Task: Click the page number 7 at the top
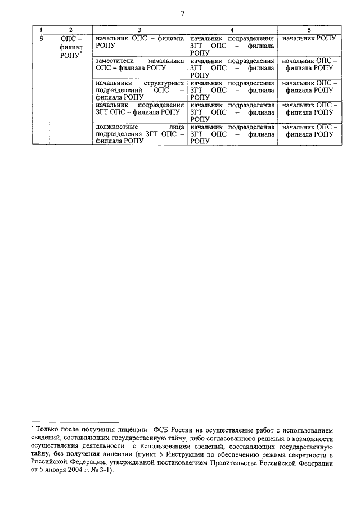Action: tap(183, 13)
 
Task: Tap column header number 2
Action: tap(70, 29)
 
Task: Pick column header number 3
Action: tap(139, 29)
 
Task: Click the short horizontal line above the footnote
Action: tap(75, 421)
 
